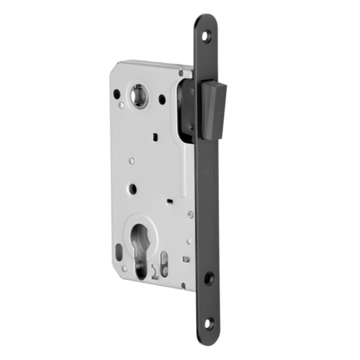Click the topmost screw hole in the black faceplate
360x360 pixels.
(207, 35)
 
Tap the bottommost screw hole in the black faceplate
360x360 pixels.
(208, 323)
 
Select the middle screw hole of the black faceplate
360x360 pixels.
(208, 278)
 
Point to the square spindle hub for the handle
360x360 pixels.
(139, 96)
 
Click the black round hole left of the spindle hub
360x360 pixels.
(117, 94)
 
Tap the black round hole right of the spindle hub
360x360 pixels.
(162, 99)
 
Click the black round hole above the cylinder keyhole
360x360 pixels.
(132, 190)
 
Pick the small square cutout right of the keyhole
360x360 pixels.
(185, 258)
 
